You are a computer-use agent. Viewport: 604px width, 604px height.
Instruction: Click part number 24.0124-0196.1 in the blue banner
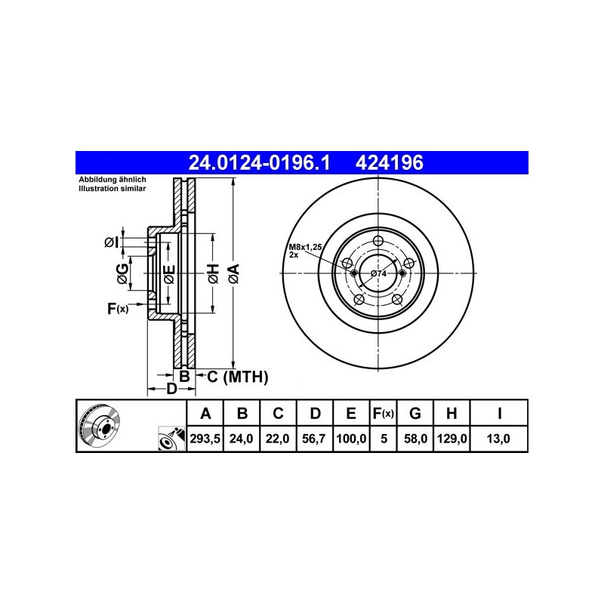click(x=259, y=162)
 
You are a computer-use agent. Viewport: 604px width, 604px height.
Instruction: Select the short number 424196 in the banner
click(x=389, y=162)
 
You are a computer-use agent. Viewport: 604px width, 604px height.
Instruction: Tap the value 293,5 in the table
click(x=205, y=439)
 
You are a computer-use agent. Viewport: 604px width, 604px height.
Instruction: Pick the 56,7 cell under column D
click(x=314, y=439)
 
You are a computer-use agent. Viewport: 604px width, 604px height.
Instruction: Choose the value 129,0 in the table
click(x=451, y=439)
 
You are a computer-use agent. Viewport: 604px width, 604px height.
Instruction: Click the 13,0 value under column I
click(x=498, y=439)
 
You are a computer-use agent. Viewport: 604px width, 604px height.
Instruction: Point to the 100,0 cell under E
click(x=351, y=439)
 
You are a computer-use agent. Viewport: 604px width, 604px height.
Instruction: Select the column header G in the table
click(x=414, y=413)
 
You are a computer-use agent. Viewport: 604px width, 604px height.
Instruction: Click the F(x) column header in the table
click(x=384, y=413)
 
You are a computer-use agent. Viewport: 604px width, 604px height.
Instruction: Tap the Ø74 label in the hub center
click(x=379, y=273)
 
